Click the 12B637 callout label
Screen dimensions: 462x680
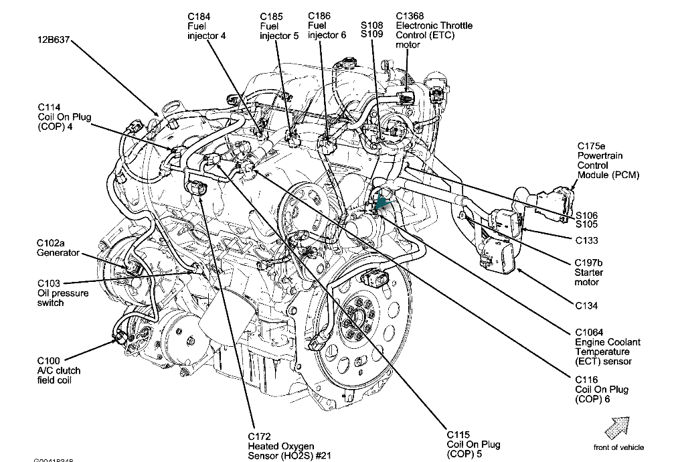coord(54,40)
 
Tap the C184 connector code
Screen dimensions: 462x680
coord(198,16)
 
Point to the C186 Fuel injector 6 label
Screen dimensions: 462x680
coord(326,25)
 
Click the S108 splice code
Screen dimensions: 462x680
coord(371,25)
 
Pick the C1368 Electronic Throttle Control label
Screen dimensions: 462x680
coord(433,30)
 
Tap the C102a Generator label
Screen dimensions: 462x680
coord(58,248)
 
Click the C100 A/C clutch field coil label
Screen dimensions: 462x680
coord(58,370)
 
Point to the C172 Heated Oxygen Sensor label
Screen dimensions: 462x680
coord(280,447)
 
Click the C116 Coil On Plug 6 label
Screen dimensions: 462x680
coord(602,389)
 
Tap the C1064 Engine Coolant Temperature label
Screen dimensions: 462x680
coord(607,347)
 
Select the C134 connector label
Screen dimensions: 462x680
coord(586,306)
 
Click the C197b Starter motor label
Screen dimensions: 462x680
coord(589,273)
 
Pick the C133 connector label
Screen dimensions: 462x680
coord(586,240)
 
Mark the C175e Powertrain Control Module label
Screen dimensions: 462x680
coord(608,160)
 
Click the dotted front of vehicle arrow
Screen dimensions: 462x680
coord(617,426)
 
